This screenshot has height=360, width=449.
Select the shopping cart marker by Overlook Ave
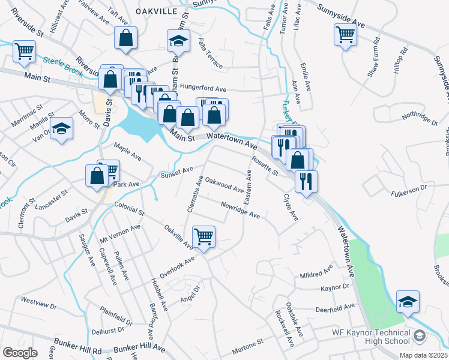(203, 236)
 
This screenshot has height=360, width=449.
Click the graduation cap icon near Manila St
(61, 129)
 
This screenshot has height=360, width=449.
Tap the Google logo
(20, 352)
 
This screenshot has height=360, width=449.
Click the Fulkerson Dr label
(408, 188)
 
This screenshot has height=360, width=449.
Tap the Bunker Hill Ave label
(139, 347)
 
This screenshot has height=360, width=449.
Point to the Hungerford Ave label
(200, 86)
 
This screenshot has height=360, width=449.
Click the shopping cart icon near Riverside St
(24, 51)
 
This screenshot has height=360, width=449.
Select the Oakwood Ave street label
(224, 184)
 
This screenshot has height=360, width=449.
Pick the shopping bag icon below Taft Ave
(126, 38)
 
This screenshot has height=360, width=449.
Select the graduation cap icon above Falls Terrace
(178, 41)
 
